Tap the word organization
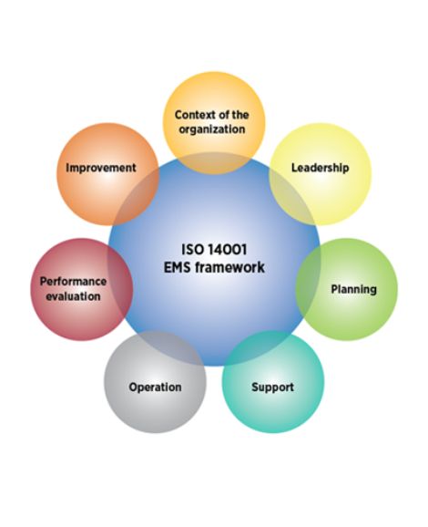(x=212, y=129)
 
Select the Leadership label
(x=321, y=168)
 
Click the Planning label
(x=354, y=289)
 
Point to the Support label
(x=272, y=387)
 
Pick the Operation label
(x=155, y=387)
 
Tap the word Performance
(x=73, y=282)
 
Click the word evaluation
(x=73, y=296)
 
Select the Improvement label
(x=101, y=168)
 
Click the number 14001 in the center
(x=228, y=250)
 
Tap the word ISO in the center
(x=193, y=250)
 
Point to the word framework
(x=230, y=267)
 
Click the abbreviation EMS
(x=178, y=267)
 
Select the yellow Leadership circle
(x=321, y=174)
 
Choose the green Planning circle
(x=346, y=289)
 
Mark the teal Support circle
(x=273, y=382)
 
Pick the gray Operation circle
(x=155, y=382)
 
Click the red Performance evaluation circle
(x=82, y=289)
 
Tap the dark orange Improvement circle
(x=107, y=174)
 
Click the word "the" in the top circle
(x=240, y=115)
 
